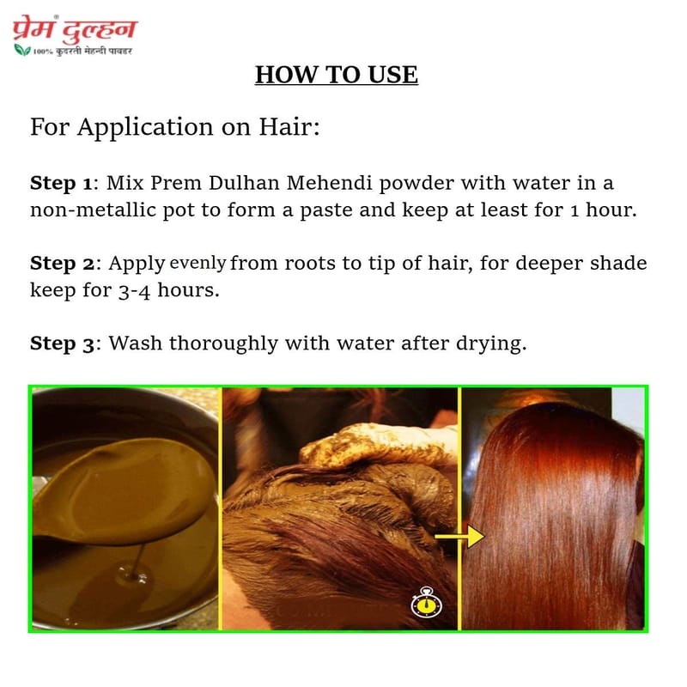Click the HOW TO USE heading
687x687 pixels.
point(337,75)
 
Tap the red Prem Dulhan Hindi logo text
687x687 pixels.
point(75,30)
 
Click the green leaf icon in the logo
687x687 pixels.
point(22,50)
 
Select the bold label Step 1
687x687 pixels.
point(61,184)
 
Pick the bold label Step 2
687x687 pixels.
point(62,264)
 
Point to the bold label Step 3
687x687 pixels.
point(62,344)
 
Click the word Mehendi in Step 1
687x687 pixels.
point(329,183)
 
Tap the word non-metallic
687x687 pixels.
point(93,210)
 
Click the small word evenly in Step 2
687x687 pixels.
point(198,264)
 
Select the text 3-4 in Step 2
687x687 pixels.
point(134,291)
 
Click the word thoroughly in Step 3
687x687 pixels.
point(224,344)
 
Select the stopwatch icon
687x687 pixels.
point(426,603)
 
